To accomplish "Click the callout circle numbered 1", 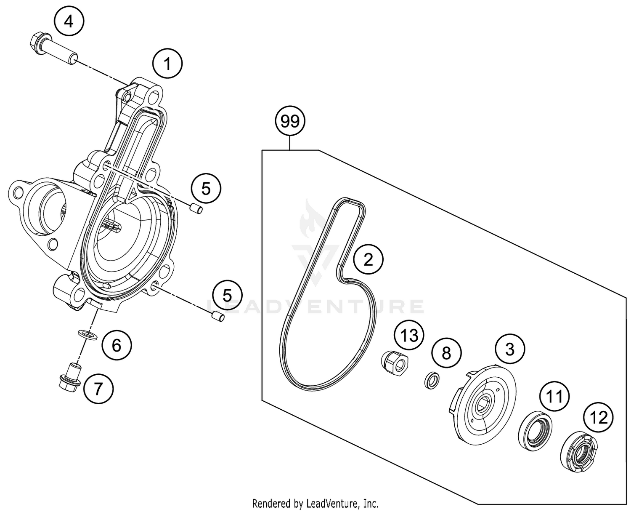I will pos(167,64).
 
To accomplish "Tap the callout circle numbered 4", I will pos(69,21).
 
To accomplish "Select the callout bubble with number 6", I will pos(117,345).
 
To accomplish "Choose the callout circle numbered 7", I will pos(98,389).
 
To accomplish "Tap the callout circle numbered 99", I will pos(290,121).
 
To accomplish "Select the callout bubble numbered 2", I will pos(368,259).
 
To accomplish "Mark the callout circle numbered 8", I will pos(446,352).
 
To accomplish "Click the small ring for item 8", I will pos(432,381).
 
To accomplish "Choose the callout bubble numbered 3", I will pos(510,349).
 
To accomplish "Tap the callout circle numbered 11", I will pos(554,396).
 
